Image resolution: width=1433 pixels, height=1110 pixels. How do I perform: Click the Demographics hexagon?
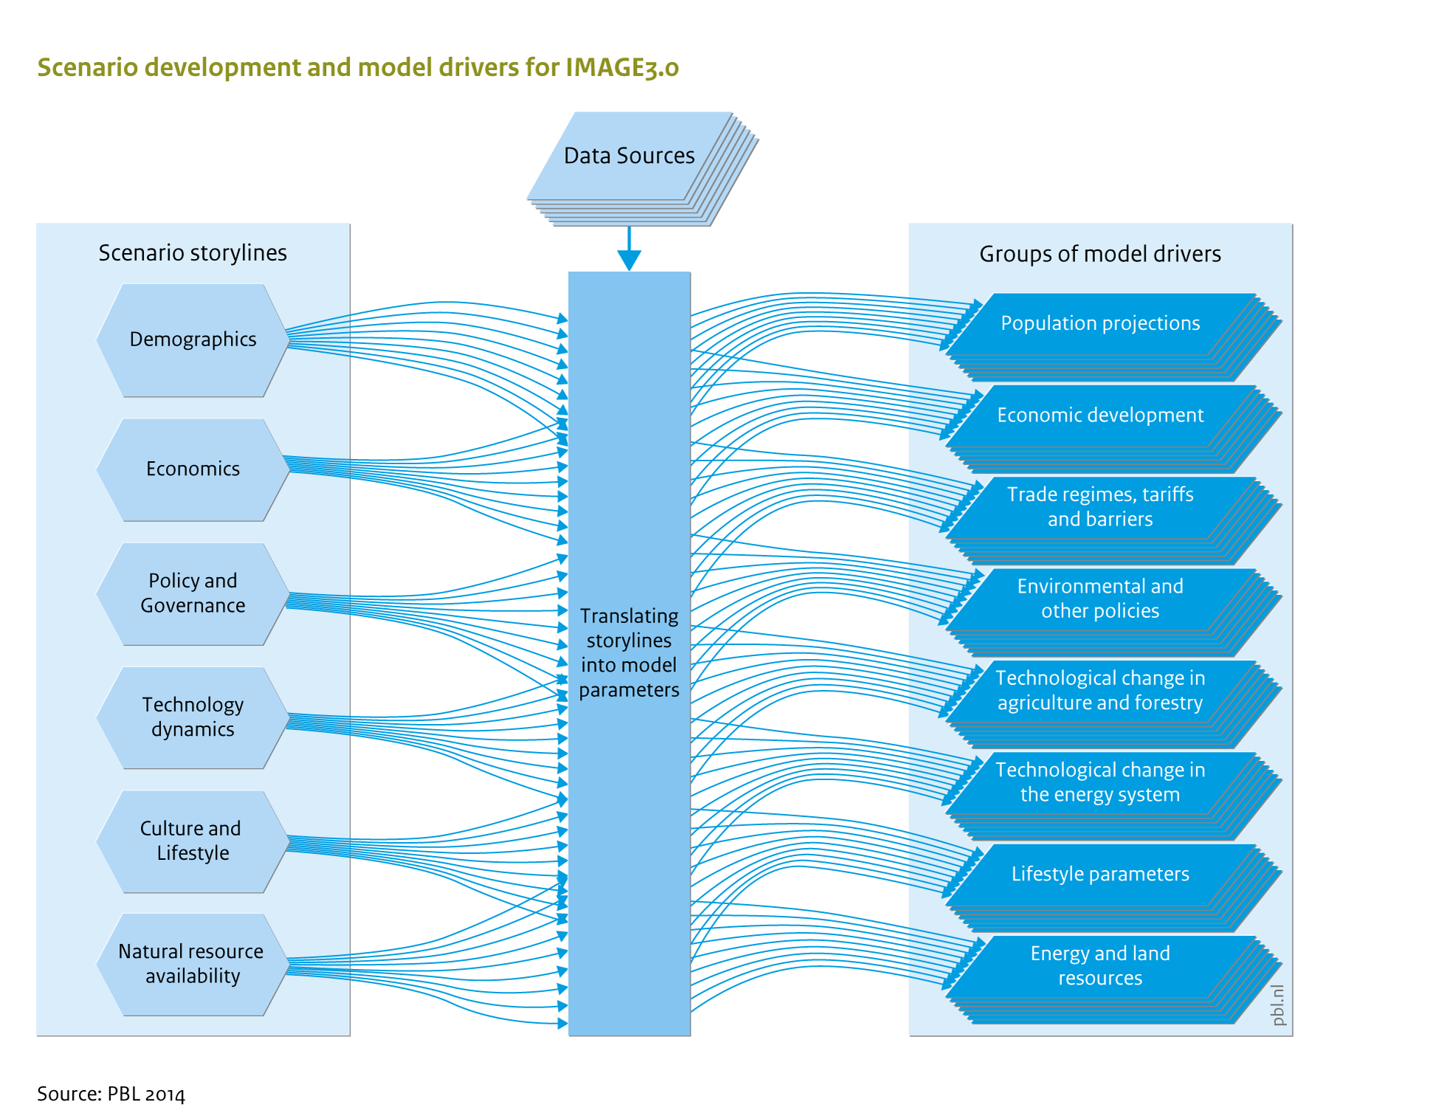point(193,340)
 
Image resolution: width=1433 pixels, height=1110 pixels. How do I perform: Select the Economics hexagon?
point(193,469)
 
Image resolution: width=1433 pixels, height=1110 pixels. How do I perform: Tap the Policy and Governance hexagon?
point(193,593)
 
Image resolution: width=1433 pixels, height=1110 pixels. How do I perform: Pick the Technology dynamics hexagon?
point(193,717)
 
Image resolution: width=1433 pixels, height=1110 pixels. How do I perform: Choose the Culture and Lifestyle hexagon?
point(193,841)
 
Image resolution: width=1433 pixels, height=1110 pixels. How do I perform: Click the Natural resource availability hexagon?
point(193,965)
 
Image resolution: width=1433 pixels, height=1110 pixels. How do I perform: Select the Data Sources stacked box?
point(642,168)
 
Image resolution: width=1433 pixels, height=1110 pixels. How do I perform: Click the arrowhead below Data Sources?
point(629,261)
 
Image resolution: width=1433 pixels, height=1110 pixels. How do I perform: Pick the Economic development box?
point(1113,429)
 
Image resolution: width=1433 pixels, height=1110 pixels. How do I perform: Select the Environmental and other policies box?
point(1113,613)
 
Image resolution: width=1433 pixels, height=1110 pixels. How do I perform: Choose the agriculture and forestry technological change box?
point(1113,704)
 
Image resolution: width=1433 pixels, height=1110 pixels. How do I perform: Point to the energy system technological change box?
point(1113,796)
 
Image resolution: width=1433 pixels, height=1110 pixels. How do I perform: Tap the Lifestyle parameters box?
point(1113,888)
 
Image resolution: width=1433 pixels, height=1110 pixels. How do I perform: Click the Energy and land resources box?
point(1113,980)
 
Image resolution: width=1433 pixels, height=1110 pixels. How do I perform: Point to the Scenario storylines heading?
point(193,253)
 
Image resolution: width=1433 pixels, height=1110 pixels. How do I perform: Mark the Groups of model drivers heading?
point(1100,255)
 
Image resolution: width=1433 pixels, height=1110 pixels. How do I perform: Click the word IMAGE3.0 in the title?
point(622,67)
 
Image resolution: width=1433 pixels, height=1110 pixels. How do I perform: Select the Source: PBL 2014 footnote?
point(111,1094)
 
